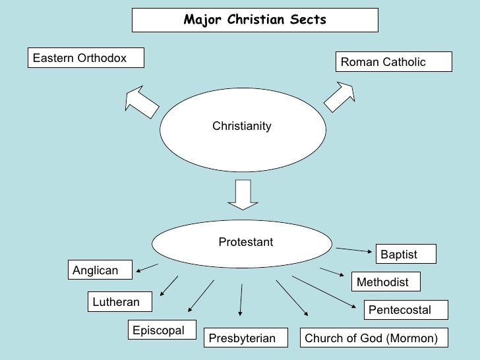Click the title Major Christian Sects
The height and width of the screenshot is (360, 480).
(x=255, y=20)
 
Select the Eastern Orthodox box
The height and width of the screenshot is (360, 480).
(x=86, y=58)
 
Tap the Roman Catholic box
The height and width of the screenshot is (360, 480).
(x=394, y=62)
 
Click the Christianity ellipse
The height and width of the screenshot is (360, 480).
(x=242, y=127)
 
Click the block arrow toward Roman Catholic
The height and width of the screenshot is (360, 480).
(x=339, y=97)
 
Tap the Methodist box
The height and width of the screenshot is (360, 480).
(x=386, y=282)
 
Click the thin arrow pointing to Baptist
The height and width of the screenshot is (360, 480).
(x=354, y=249)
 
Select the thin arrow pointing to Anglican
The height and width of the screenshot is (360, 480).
(x=147, y=267)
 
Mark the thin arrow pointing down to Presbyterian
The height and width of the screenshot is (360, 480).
(x=241, y=300)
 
